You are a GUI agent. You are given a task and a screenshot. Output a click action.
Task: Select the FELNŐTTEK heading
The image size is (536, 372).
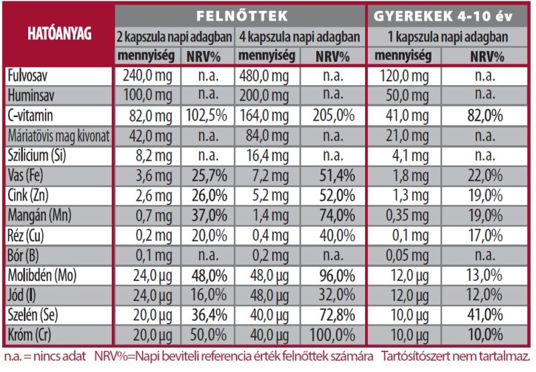click(242, 15)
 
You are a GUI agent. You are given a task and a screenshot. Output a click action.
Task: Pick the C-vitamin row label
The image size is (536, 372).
click(31, 115)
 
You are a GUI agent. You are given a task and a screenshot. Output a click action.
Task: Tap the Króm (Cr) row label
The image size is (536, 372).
click(32, 334)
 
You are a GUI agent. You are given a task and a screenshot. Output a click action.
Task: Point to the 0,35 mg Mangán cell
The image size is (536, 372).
click(403, 215)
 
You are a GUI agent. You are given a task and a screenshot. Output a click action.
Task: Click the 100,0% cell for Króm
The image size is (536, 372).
click(332, 334)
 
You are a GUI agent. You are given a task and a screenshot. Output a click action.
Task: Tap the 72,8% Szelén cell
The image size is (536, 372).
click(332, 315)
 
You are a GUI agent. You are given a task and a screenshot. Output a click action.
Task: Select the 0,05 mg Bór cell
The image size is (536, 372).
click(403, 255)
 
